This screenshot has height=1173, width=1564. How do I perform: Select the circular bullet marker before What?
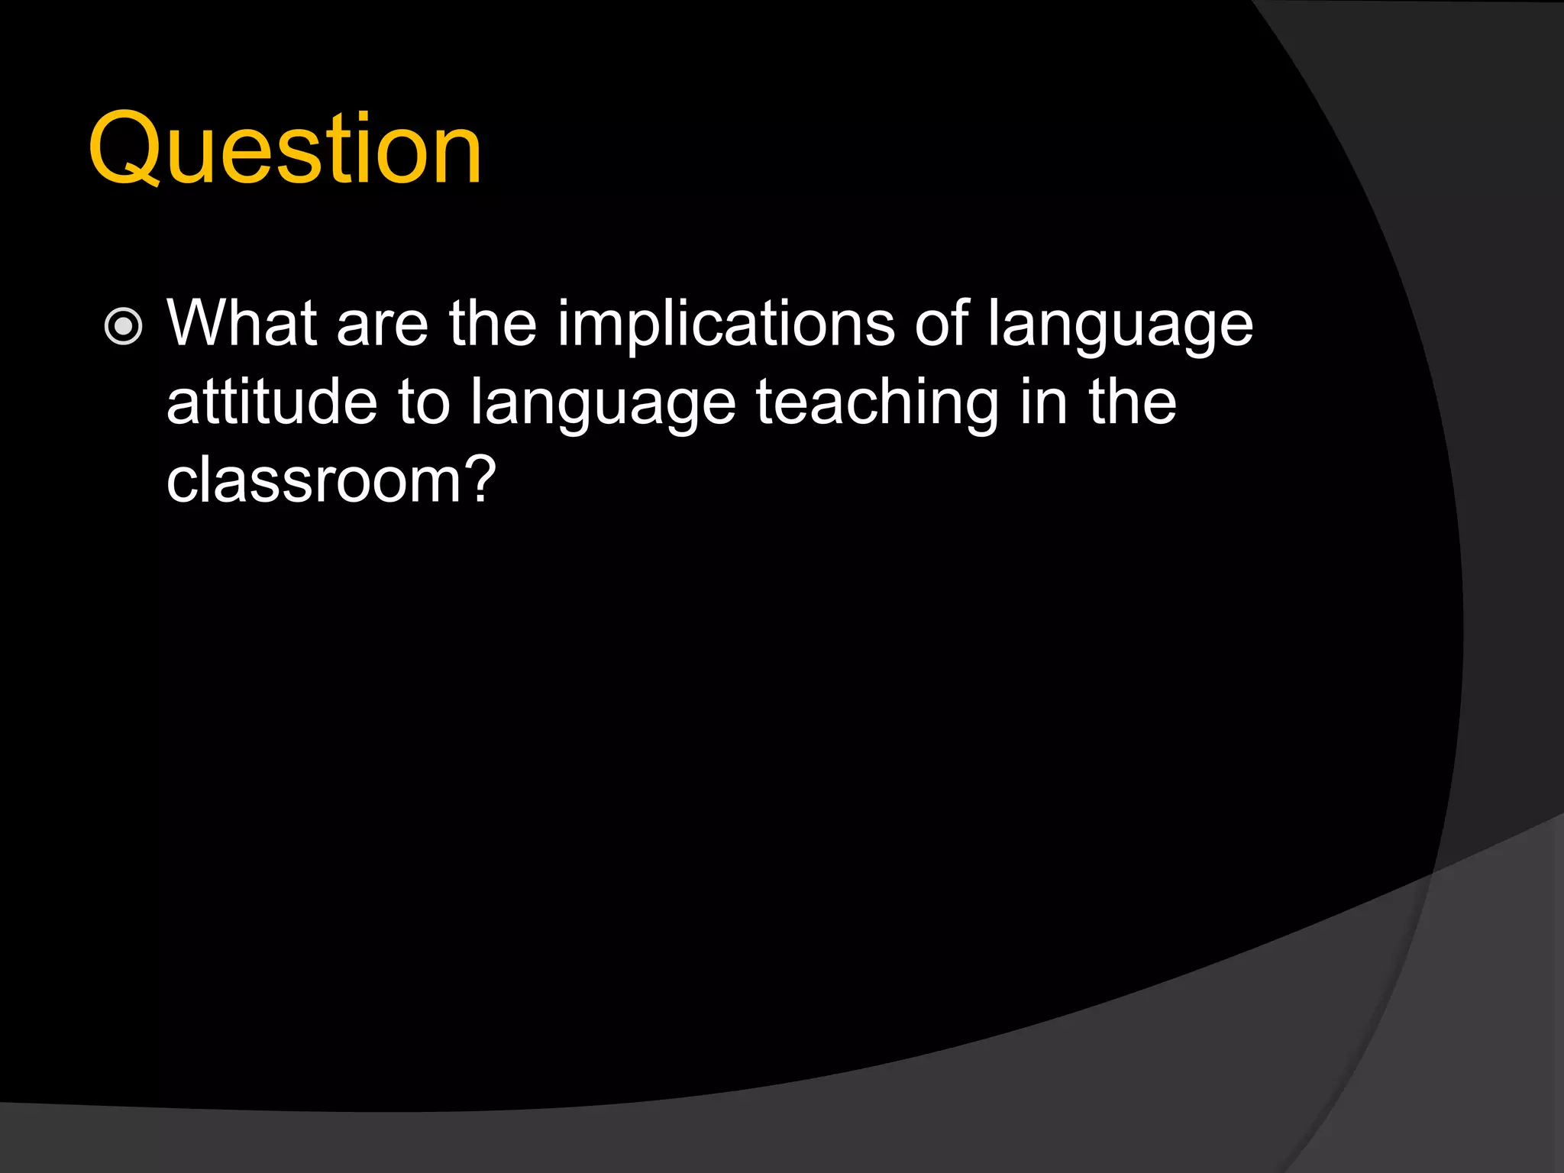point(123,327)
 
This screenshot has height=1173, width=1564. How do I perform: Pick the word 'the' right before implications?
point(493,324)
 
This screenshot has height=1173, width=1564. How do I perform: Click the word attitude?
point(271,402)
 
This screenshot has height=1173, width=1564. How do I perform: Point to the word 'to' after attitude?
point(424,404)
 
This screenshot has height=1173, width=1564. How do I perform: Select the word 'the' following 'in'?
point(1133,402)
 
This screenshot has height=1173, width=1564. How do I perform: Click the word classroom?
point(312,480)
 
